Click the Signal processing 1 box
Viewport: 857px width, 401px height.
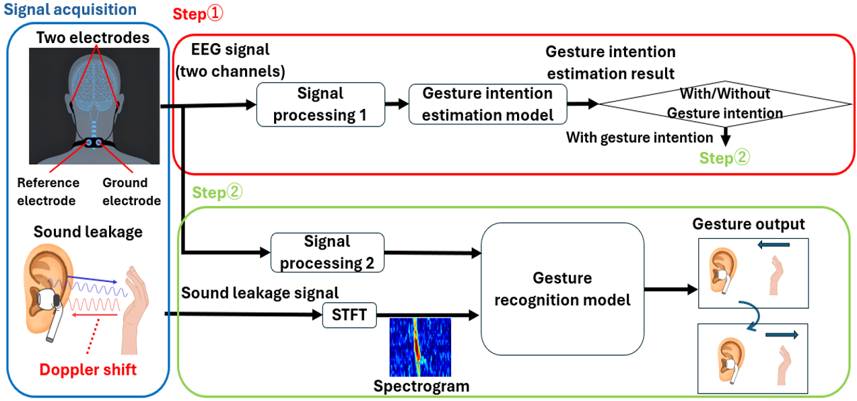(x=320, y=104)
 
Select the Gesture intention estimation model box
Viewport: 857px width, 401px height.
(x=487, y=104)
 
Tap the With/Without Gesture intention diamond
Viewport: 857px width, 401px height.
(x=726, y=104)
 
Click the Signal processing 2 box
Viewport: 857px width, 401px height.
(x=327, y=252)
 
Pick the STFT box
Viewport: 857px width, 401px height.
(x=349, y=316)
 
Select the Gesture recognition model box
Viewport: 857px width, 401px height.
(x=562, y=289)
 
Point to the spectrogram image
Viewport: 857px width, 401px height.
(x=420, y=347)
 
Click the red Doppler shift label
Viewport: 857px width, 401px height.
(x=88, y=369)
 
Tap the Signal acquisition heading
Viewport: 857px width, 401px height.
(x=71, y=10)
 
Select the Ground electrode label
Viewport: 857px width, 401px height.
(x=131, y=192)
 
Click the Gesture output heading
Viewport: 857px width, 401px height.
(x=749, y=224)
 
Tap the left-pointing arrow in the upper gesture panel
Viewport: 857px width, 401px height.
(x=772, y=246)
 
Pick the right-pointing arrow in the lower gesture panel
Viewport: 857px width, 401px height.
(x=781, y=335)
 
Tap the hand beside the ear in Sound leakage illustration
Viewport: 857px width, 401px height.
(x=135, y=306)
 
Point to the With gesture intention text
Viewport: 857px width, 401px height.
(x=639, y=138)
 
